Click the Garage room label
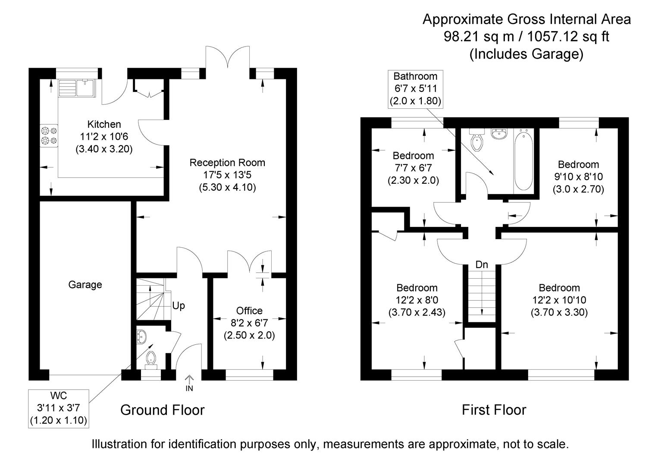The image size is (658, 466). (x=85, y=285)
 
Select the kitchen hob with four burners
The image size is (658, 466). (x=49, y=135)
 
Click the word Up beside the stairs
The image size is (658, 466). (x=179, y=306)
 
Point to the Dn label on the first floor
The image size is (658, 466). (x=482, y=265)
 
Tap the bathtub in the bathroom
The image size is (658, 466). (x=523, y=161)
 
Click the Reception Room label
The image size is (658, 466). (x=227, y=163)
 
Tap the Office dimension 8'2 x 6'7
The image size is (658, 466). (x=249, y=323)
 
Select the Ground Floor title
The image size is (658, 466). (x=162, y=409)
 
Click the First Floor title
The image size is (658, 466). (x=494, y=409)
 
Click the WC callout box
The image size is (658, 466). (x=59, y=408)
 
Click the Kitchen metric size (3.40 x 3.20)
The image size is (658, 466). (x=104, y=149)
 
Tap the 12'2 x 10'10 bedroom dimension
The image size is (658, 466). (x=559, y=300)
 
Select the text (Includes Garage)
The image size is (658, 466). (x=526, y=54)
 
